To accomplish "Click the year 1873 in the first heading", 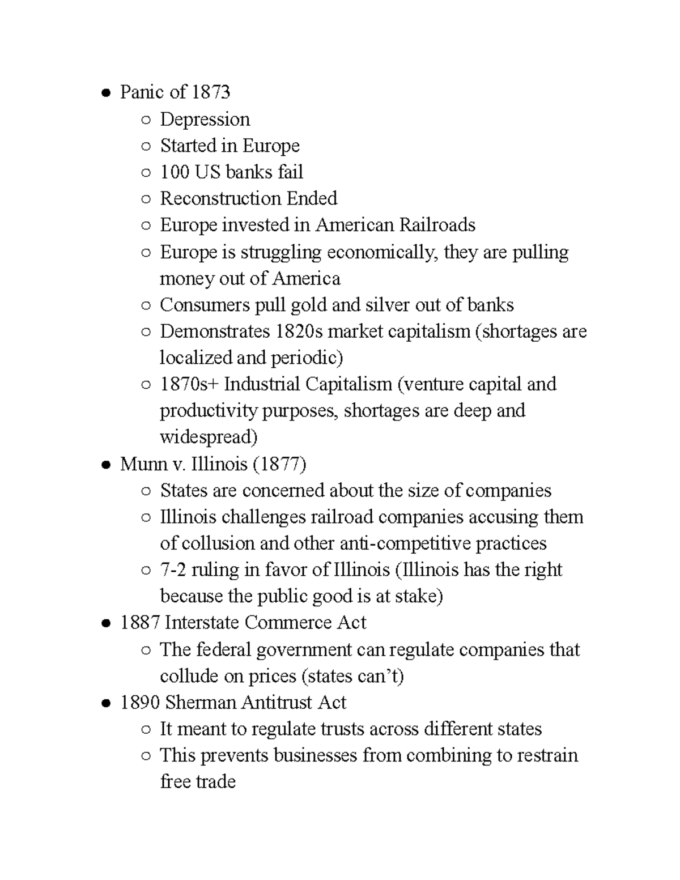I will click(x=211, y=92).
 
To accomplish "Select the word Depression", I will click(x=205, y=120).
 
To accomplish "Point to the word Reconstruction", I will click(x=220, y=199).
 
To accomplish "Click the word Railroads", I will click(x=437, y=226).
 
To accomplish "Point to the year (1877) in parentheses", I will click(x=279, y=465).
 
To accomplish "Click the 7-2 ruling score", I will click(x=173, y=570).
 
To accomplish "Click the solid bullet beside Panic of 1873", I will click(x=105, y=93).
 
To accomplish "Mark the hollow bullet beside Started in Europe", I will click(x=146, y=147).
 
